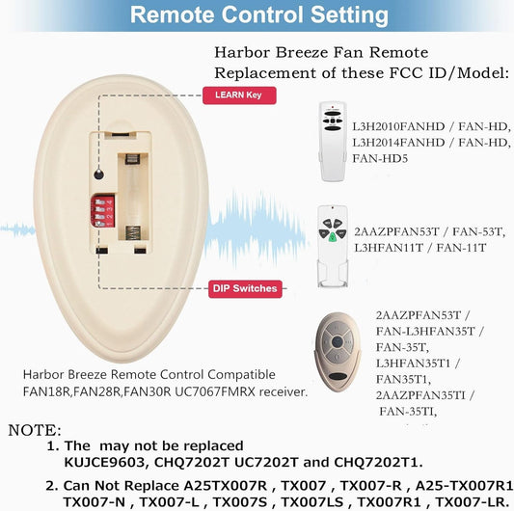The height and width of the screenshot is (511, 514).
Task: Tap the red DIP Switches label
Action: pyautogui.click(x=244, y=288)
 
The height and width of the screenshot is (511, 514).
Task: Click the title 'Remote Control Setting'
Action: pyautogui.click(x=259, y=15)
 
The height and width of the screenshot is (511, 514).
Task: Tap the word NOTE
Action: pyautogui.click(x=35, y=430)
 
